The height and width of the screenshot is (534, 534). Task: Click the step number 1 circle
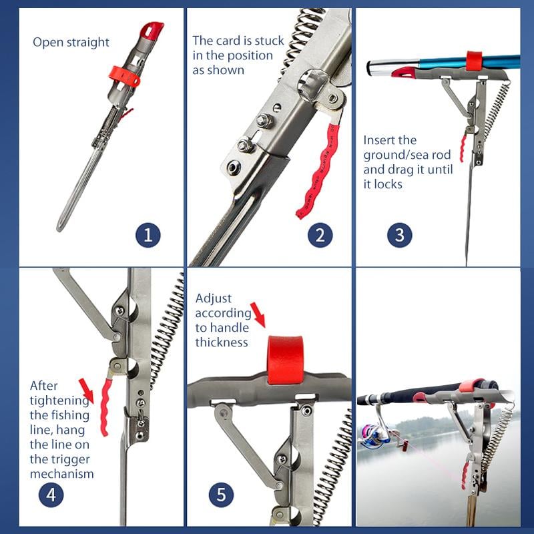[148, 234]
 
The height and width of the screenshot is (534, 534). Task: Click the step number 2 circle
[320, 234]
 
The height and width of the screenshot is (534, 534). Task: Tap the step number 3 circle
[400, 234]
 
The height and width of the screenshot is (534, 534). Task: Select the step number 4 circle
[51, 495]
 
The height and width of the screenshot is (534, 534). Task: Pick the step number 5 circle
[221, 495]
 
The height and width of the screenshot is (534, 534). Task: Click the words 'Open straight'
[71, 42]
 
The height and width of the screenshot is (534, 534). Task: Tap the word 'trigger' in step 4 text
[70, 459]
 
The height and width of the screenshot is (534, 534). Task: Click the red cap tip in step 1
[153, 29]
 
